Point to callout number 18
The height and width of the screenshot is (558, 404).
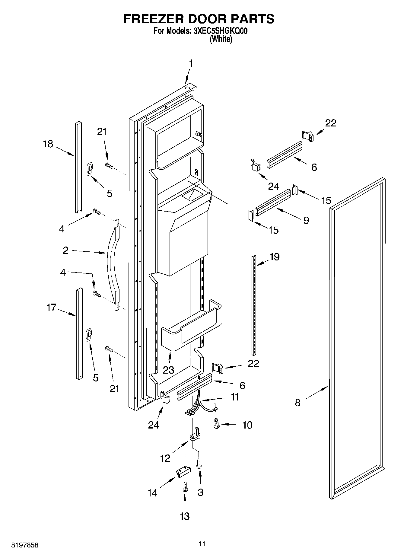click(48, 144)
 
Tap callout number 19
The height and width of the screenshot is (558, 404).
click(274, 257)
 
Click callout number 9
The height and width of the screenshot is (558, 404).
click(306, 220)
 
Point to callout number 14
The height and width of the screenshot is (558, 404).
click(153, 493)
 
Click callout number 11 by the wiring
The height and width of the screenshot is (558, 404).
click(234, 397)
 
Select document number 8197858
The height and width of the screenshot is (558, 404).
click(25, 545)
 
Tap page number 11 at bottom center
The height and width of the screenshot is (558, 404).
click(202, 544)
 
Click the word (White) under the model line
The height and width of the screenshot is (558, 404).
click(221, 39)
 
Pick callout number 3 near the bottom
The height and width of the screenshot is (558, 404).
click(200, 493)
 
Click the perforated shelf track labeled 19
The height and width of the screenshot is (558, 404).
click(254, 305)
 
